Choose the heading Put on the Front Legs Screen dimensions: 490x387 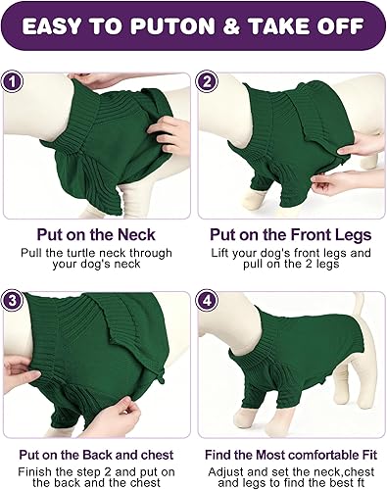tap(291, 235)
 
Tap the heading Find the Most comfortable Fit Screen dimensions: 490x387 tap(291, 455)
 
